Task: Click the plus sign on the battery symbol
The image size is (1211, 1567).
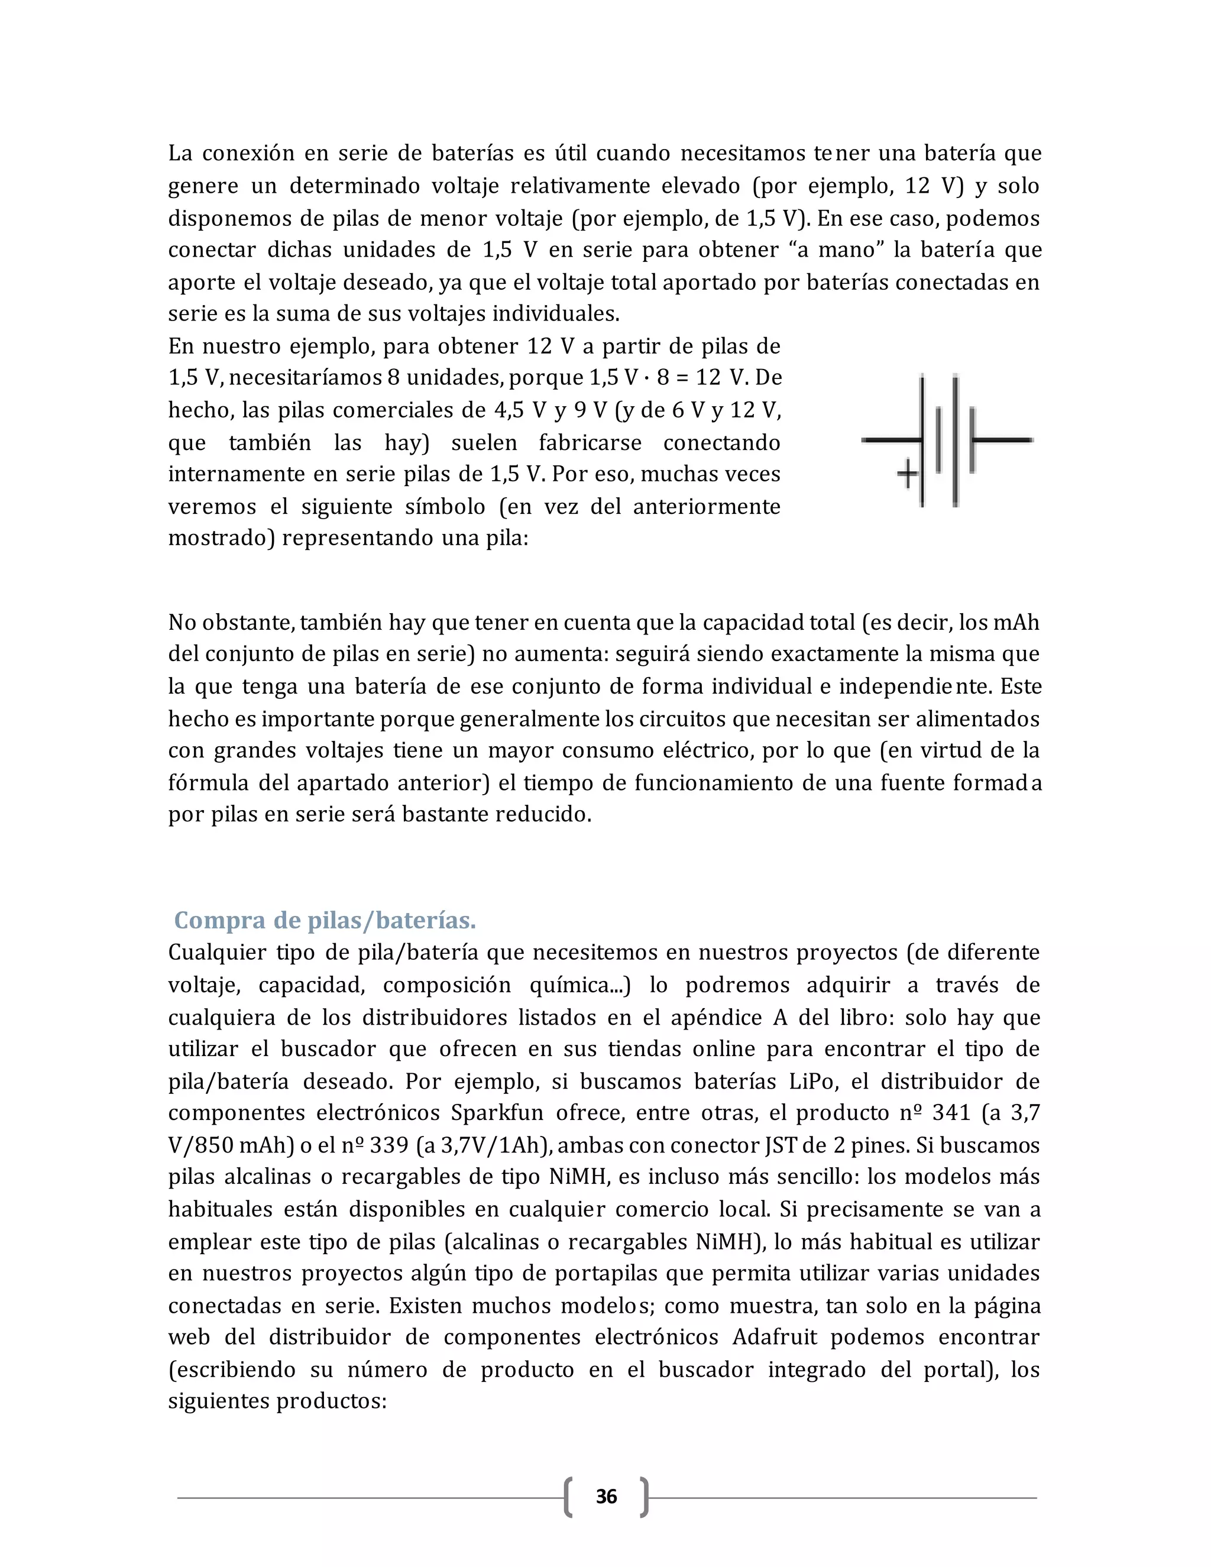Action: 908,473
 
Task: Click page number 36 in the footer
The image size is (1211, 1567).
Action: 606,1497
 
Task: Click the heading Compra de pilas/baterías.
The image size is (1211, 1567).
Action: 325,920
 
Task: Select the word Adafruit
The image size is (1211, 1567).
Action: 777,1338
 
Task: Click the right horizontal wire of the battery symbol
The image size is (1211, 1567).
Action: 1003,440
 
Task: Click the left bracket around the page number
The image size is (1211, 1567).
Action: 568,1497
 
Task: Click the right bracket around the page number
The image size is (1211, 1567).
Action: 645,1497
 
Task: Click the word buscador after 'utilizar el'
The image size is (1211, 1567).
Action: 328,1049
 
